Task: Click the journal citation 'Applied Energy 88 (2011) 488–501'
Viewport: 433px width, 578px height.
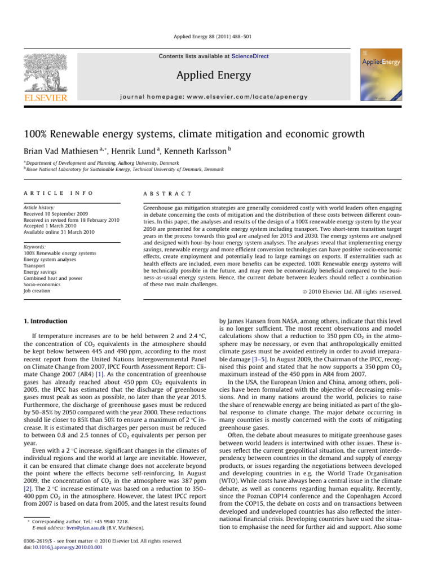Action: pos(216,37)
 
